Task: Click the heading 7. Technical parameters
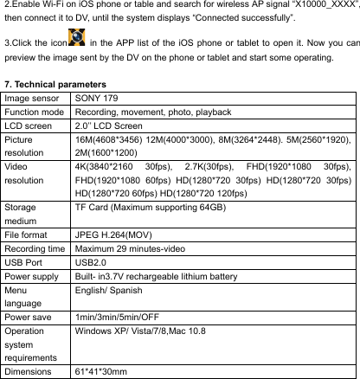click(x=57, y=85)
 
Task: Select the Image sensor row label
click(x=34, y=99)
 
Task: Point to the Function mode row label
click(x=35, y=112)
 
